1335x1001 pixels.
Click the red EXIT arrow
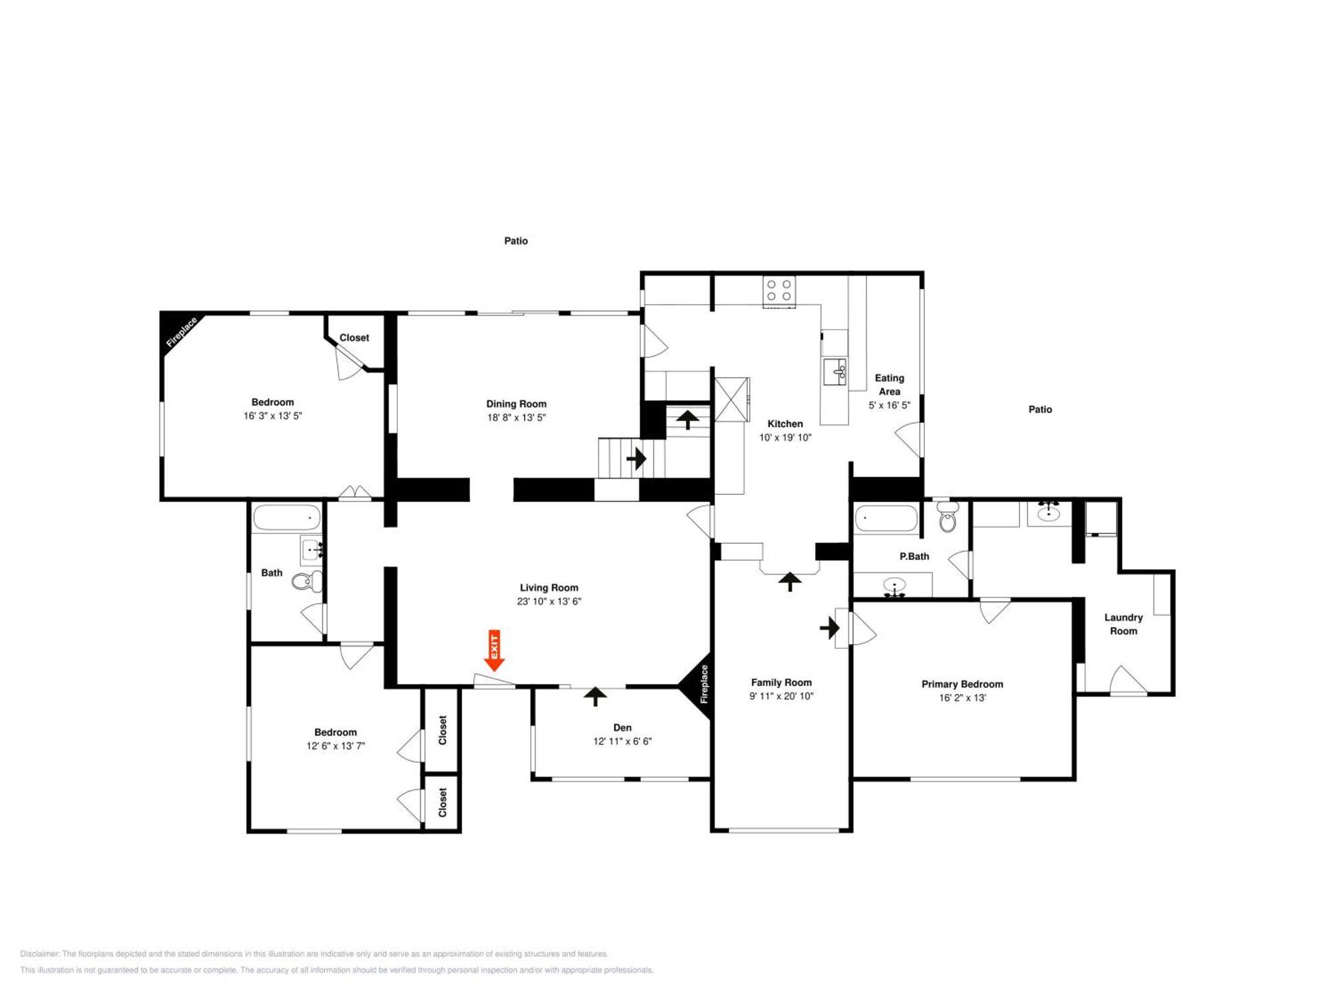point(494,651)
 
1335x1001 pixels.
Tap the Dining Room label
point(516,404)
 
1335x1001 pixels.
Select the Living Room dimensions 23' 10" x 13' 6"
point(549,601)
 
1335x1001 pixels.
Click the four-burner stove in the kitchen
point(779,291)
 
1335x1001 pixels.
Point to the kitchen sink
point(835,372)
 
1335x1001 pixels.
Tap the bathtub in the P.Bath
point(886,519)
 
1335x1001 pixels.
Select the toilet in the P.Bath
point(947,517)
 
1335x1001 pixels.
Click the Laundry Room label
point(1123,624)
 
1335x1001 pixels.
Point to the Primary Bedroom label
point(962,684)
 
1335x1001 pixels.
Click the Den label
point(622,727)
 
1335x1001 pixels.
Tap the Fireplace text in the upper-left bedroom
point(182,332)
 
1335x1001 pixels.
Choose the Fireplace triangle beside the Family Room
point(696,685)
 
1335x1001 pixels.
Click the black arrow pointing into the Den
point(595,697)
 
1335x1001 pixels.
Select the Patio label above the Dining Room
point(516,241)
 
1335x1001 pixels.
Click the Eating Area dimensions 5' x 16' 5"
point(889,405)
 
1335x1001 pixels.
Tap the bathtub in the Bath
point(288,518)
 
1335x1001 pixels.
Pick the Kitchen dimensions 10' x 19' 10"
point(785,438)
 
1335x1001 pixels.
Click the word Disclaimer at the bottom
point(39,954)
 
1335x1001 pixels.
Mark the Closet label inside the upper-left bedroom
point(354,338)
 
